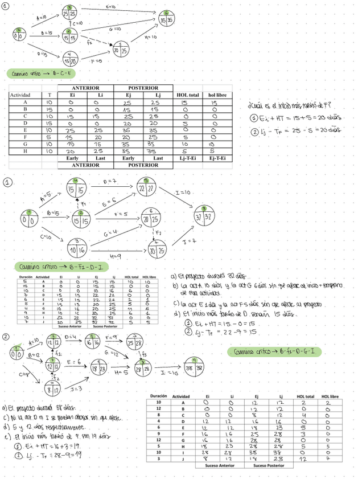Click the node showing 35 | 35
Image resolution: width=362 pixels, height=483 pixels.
click(x=166, y=19)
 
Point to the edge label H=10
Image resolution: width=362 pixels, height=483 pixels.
click(x=150, y=38)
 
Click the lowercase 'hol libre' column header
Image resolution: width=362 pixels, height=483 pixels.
click(x=217, y=95)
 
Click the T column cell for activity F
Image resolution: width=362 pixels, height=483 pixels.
click(x=50, y=137)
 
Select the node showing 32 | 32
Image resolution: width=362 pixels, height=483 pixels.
click(x=203, y=215)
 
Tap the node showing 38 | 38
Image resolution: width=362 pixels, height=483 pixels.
click(x=194, y=368)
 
